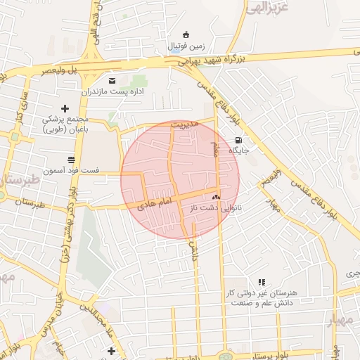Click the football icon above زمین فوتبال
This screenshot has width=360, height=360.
(186, 34)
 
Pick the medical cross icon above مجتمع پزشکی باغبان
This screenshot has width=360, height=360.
(65, 108)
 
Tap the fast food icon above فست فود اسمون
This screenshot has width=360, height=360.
(70, 160)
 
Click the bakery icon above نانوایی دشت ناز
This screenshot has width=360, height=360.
(216, 198)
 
